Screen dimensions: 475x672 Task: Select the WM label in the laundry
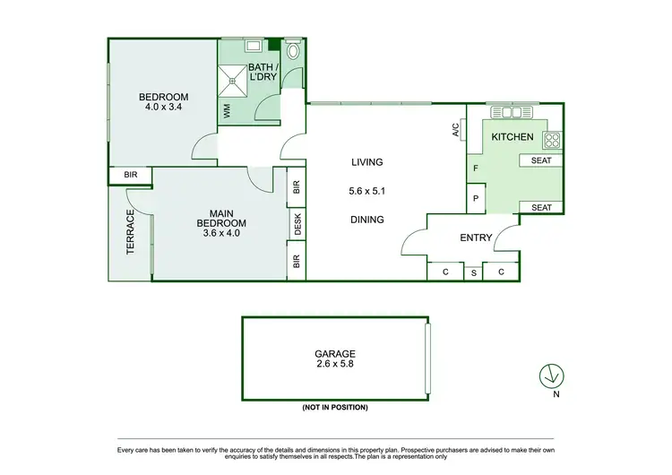point(227,111)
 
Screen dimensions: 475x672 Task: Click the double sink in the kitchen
point(511,114)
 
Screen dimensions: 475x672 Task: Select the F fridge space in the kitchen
point(476,168)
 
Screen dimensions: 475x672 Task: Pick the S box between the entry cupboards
point(473,272)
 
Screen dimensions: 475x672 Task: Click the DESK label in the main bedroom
point(297,227)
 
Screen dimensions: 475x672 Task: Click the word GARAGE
point(336,353)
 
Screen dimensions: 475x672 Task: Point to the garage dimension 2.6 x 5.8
point(336,366)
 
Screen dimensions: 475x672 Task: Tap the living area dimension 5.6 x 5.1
point(366,191)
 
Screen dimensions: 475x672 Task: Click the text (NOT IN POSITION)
point(335,407)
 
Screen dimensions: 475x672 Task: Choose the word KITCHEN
point(513,137)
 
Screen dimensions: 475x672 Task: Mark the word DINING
point(366,220)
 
